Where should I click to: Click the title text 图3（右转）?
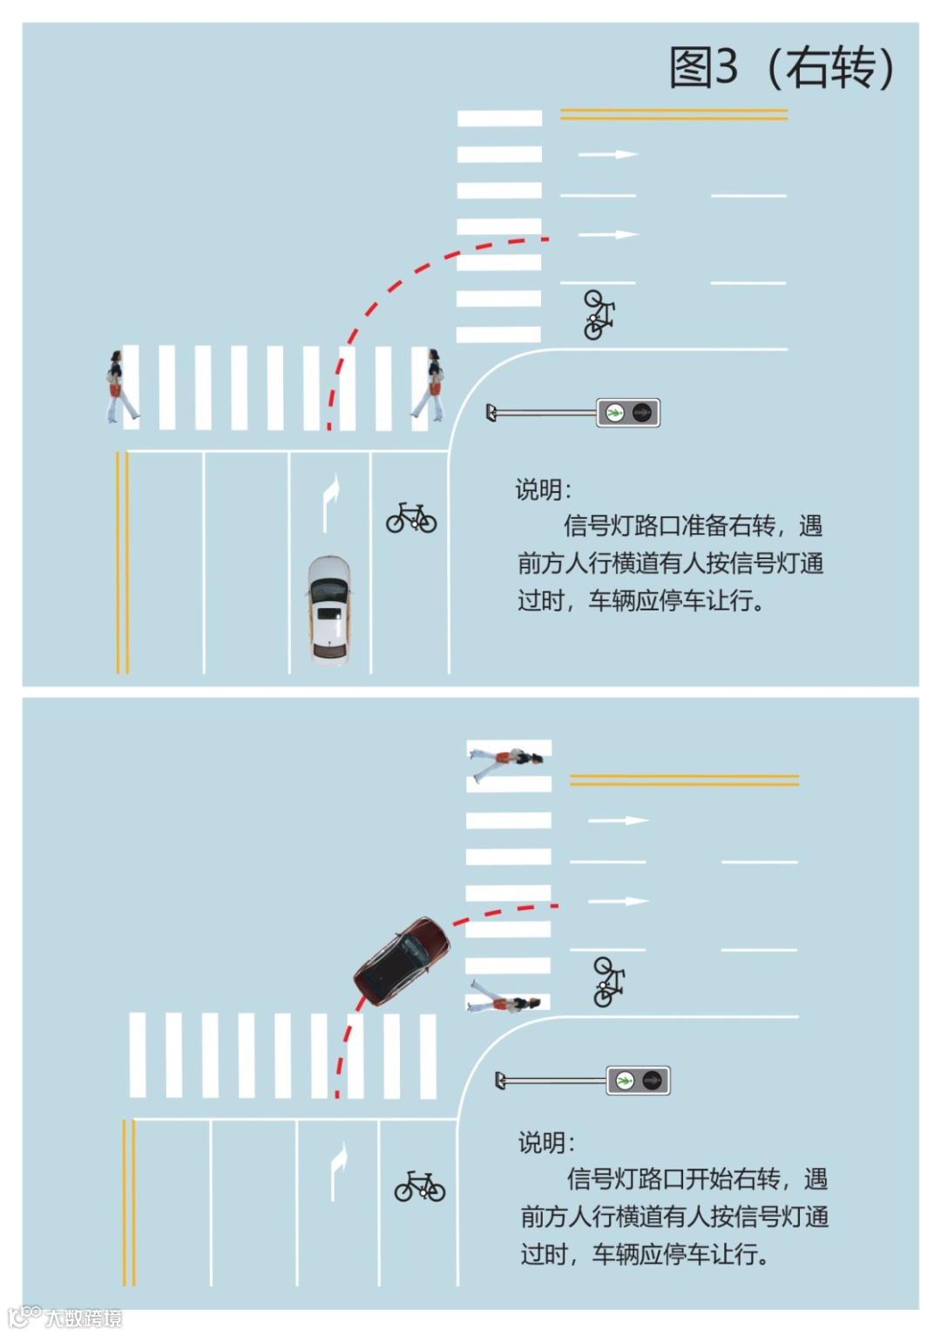(x=782, y=67)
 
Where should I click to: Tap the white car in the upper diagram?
(x=329, y=610)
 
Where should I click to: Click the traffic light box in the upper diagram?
(x=628, y=412)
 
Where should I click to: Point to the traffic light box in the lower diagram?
(x=638, y=1080)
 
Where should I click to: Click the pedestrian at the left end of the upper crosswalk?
(x=121, y=386)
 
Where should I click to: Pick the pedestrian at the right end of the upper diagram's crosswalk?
(x=430, y=385)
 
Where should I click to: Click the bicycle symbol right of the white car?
(x=411, y=517)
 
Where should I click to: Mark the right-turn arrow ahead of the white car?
(x=330, y=502)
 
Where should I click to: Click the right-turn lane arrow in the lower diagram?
(x=339, y=1170)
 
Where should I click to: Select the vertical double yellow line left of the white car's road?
(x=122, y=563)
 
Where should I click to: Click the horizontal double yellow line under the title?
(x=674, y=114)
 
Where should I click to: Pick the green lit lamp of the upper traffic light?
(x=614, y=412)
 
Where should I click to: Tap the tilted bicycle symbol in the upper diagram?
(x=599, y=314)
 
